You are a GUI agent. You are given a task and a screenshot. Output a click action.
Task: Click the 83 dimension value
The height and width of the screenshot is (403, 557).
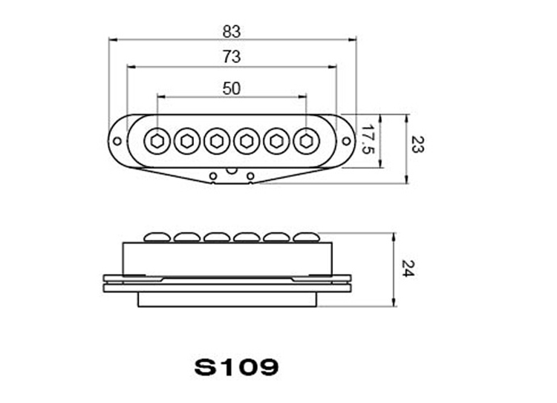pos(232,32)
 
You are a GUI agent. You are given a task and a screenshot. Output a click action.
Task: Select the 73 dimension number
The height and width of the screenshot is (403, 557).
pos(232,57)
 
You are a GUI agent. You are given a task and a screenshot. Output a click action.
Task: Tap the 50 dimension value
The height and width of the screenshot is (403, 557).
pos(232,88)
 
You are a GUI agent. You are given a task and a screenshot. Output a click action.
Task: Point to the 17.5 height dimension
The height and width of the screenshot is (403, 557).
pos(368,140)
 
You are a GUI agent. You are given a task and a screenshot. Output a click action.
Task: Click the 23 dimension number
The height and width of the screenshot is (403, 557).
pos(417,144)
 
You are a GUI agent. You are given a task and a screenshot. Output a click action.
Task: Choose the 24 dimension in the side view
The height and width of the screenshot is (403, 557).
pos(408,269)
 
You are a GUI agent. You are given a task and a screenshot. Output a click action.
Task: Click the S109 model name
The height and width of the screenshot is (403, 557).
pos(236,367)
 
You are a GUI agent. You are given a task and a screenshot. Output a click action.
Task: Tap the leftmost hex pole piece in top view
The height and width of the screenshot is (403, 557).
pos(157,141)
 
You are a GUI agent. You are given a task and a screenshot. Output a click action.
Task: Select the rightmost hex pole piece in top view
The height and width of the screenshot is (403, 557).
pos(306,141)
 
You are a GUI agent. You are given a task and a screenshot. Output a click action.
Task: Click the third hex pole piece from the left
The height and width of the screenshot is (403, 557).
pos(216,141)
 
